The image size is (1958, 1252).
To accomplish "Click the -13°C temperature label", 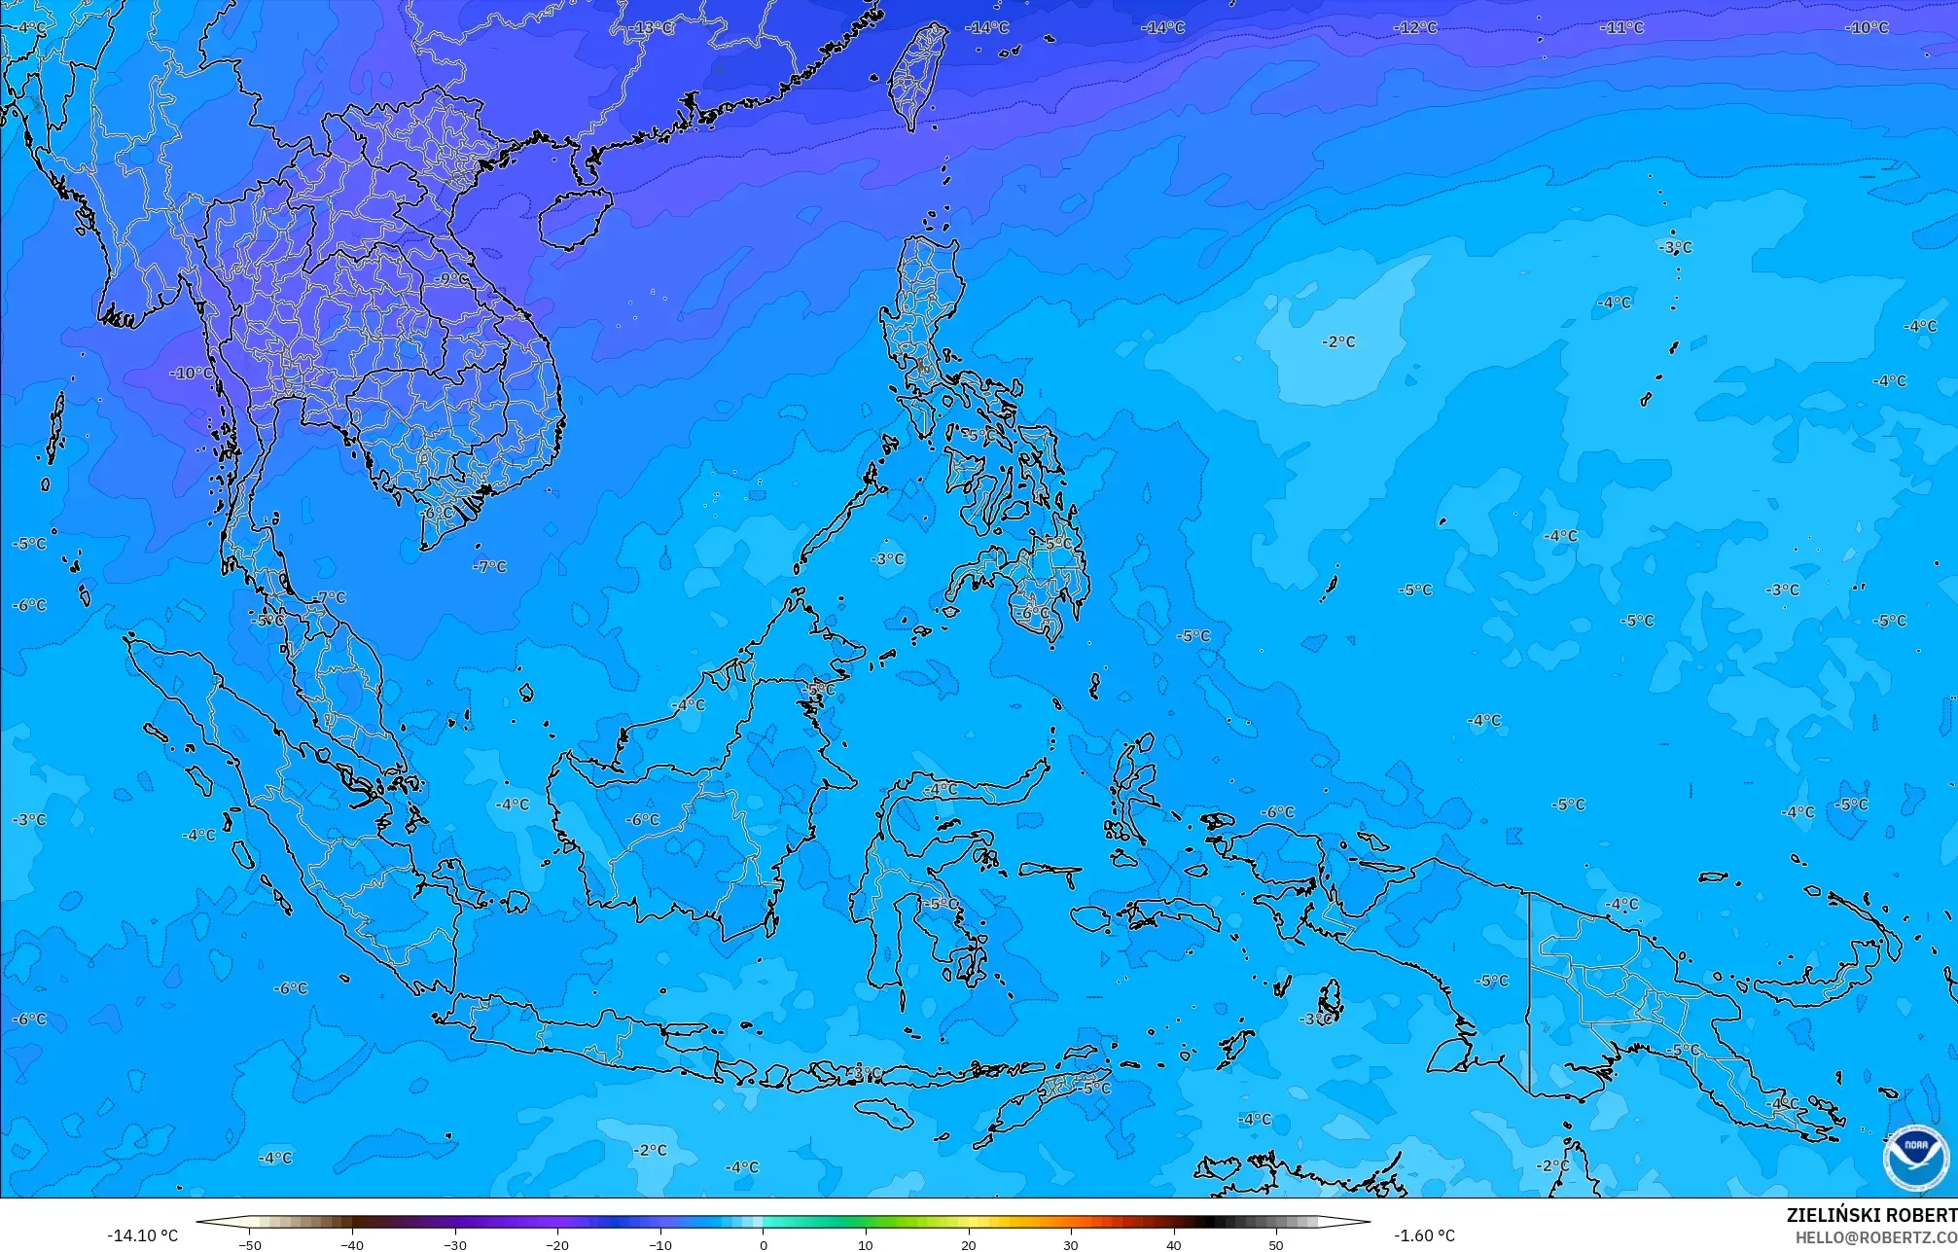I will click(653, 28).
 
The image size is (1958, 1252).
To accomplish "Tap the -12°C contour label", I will click(1415, 27).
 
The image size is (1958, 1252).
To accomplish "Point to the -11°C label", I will click(1621, 27).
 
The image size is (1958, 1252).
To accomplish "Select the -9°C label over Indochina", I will click(449, 279).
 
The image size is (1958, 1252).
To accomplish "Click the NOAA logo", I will click(1915, 1157).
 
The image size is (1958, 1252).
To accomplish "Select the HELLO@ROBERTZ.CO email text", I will click(1875, 1237).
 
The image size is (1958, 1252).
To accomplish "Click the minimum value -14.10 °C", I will click(142, 1235).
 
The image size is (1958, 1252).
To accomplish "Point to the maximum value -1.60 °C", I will click(1424, 1235).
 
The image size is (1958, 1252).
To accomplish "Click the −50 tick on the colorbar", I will click(250, 1244).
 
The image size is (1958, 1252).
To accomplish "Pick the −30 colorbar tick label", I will click(455, 1244).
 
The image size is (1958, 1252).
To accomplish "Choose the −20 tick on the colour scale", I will click(557, 1244).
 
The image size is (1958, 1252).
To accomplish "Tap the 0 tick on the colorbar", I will click(764, 1244).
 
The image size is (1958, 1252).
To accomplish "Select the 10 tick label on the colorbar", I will click(866, 1244).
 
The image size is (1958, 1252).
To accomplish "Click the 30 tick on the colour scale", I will click(1071, 1244).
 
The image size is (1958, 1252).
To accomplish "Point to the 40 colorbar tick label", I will click(1174, 1244).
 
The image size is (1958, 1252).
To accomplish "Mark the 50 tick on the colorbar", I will click(1276, 1244).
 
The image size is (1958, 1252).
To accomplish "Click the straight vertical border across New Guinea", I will click(1530, 992).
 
